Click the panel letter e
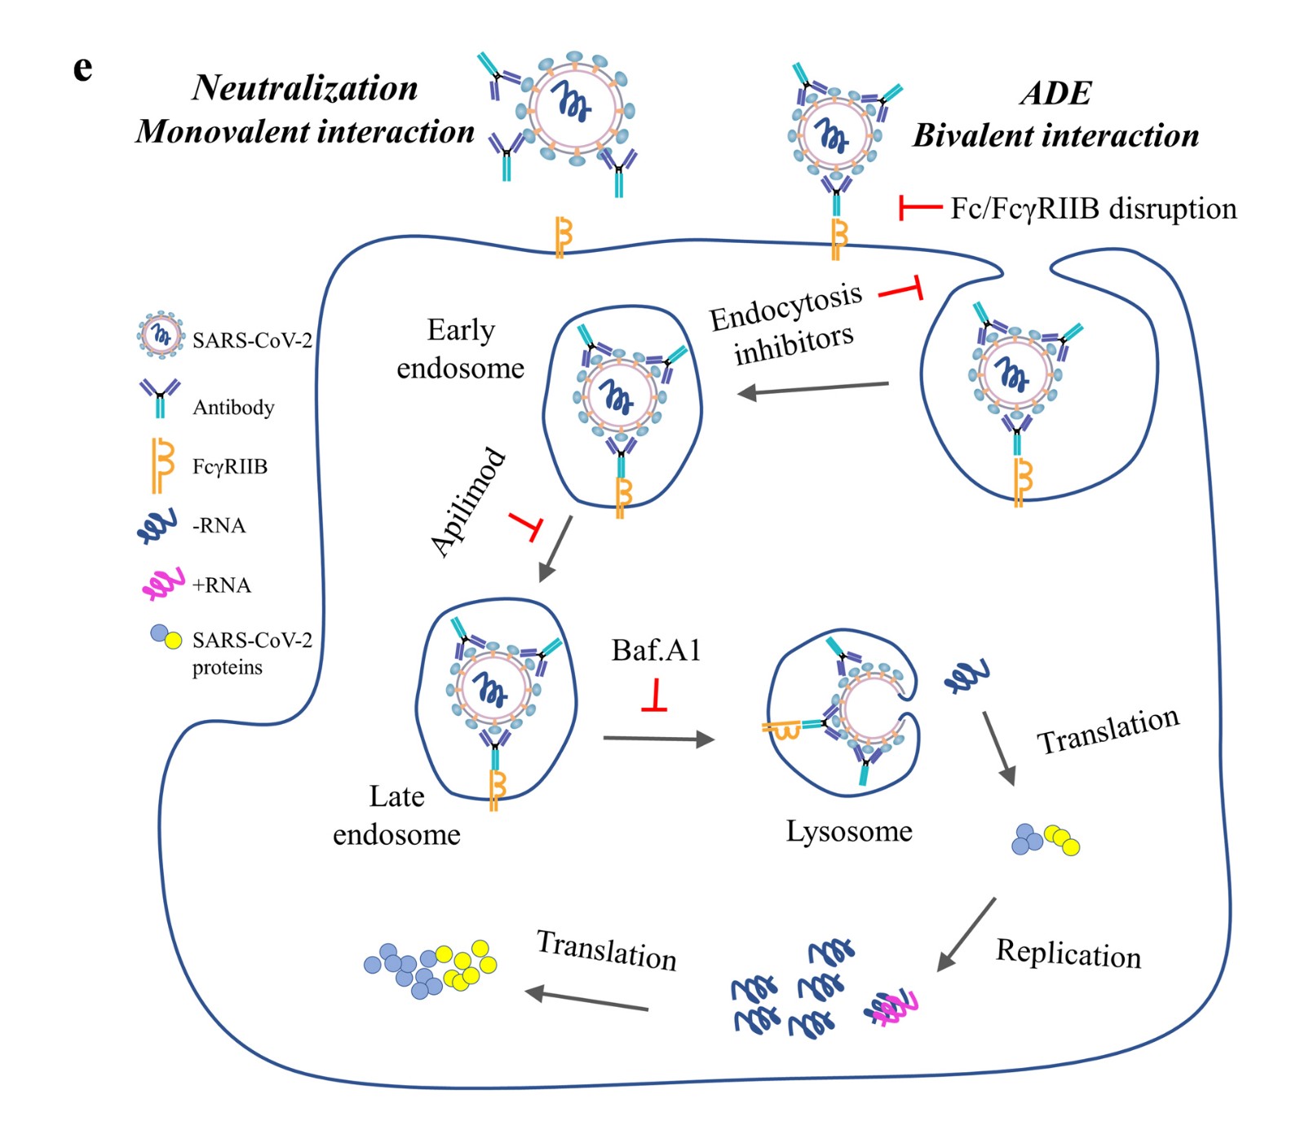coord(82,68)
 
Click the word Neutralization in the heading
coord(305,88)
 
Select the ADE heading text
coord(1055,93)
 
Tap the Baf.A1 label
coord(656,650)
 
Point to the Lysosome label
coord(848,831)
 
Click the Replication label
coord(1068,953)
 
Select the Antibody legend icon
coord(160,397)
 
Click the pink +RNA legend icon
coord(163,584)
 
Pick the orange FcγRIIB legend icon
coord(161,465)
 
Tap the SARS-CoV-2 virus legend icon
coord(161,335)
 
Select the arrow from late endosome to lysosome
coord(658,739)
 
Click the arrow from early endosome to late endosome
coord(555,549)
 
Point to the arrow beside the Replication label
coord(966,934)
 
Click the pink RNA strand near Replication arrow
coord(894,1008)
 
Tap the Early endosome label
coord(460,349)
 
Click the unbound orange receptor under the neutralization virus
coord(562,237)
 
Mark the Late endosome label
coord(396,815)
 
